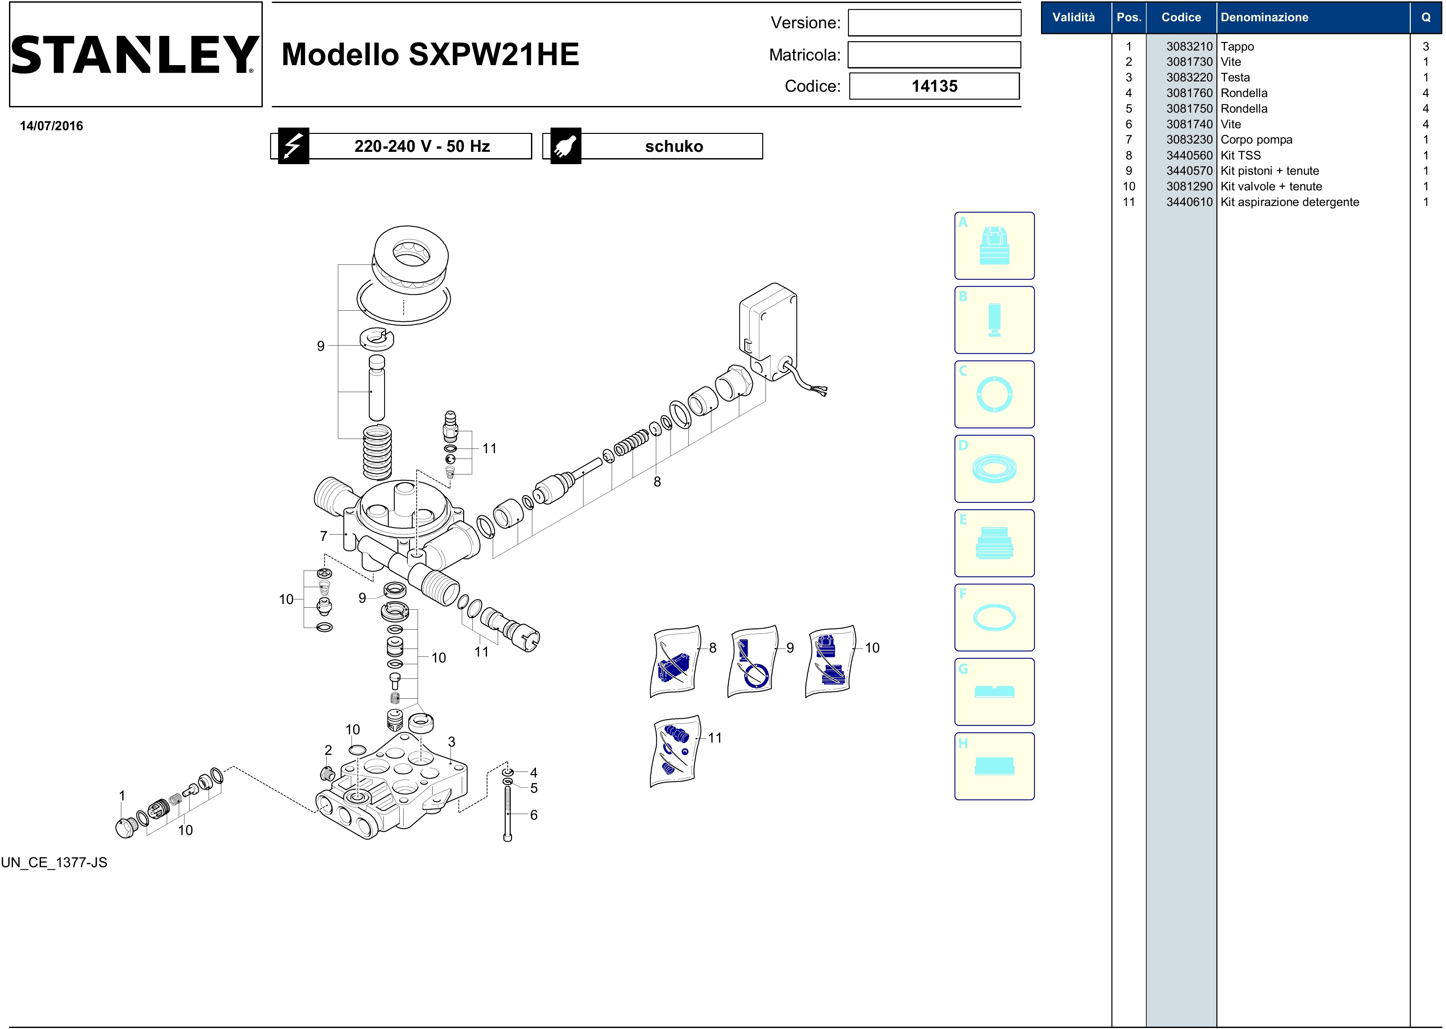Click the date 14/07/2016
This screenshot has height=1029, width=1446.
[51, 126]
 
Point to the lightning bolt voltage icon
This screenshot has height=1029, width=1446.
[293, 147]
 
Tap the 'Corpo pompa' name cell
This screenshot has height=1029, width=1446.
[1256, 140]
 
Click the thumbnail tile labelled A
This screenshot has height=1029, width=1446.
[994, 246]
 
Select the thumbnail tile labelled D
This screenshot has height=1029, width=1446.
[994, 469]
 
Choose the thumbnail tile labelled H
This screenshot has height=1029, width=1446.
[994, 766]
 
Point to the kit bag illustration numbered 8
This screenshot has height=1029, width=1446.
[675, 662]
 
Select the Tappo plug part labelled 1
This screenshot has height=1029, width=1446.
[126, 828]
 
